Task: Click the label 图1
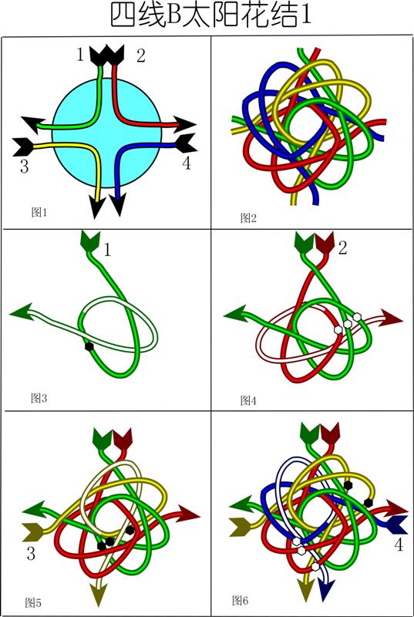coord(39,213)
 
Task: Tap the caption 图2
coord(248,217)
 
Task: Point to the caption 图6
coord(241,600)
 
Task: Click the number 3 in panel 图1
coord(25,167)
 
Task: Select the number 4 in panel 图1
coord(187,163)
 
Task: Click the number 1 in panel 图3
coord(107,250)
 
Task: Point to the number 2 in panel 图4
coord(342,248)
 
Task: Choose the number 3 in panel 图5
coord(31,554)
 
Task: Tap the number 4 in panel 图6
coord(399,545)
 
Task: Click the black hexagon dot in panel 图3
coord(89,346)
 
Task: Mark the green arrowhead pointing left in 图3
coord(19,312)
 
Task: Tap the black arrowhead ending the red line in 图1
coord(184,124)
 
